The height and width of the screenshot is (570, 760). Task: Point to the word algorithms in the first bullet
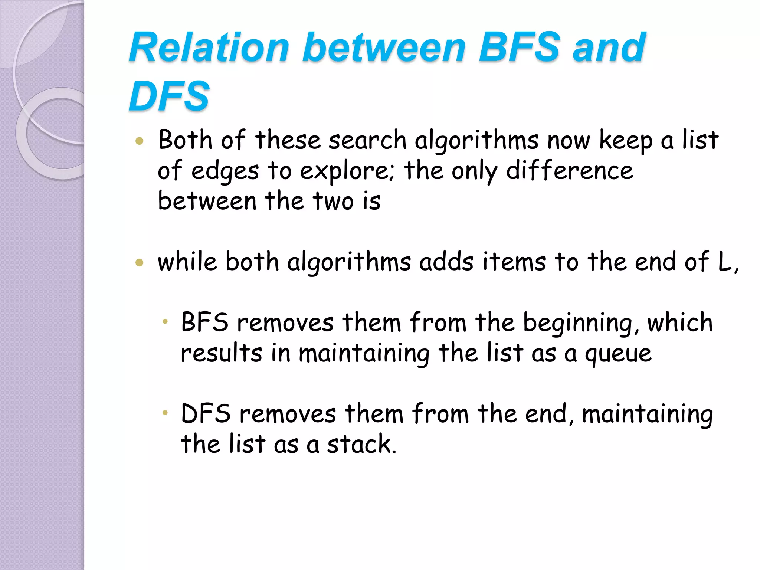tap(476, 141)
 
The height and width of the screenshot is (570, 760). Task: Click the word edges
tap(225, 171)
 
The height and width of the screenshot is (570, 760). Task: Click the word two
tap(333, 201)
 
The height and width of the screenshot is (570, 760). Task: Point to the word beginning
tap(581, 323)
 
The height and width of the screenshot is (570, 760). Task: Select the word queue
tap(618, 353)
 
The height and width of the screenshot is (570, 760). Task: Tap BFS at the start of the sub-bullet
tap(204, 322)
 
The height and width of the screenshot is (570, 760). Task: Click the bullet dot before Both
tap(140, 141)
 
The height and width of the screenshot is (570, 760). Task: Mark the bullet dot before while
tap(140, 263)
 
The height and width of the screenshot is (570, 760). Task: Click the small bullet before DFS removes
tap(165, 412)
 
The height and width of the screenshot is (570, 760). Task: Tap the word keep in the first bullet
tap(626, 141)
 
